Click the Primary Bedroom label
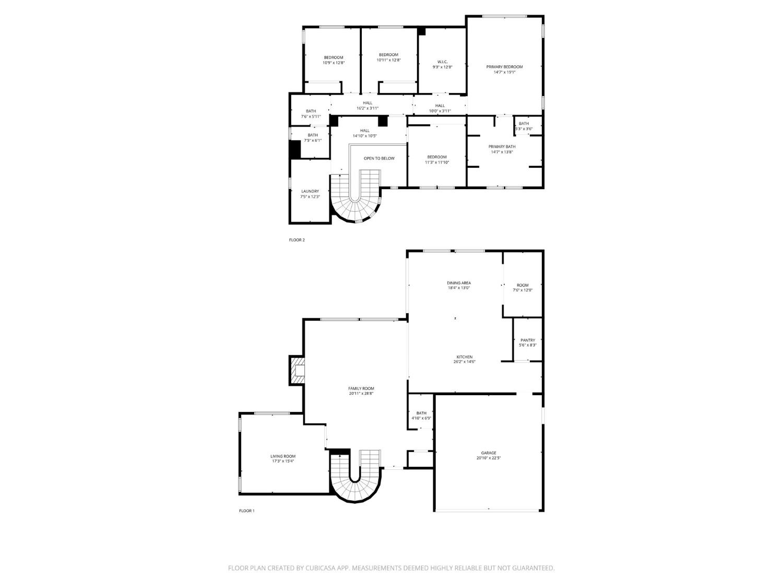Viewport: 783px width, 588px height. (x=504, y=67)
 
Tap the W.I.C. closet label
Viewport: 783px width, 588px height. (x=442, y=62)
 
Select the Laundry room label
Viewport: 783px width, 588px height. (x=310, y=191)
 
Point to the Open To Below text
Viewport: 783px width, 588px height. (x=379, y=158)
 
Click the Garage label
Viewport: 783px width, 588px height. (x=489, y=453)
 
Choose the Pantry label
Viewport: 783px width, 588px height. (x=527, y=340)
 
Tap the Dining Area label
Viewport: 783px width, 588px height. (x=458, y=283)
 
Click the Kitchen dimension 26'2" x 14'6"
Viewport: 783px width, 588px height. (x=465, y=362)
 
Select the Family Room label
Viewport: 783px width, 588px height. (x=361, y=388)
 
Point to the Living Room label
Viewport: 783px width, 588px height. (x=283, y=456)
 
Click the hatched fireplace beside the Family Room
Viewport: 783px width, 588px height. (x=298, y=371)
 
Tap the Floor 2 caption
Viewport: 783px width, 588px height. (x=296, y=240)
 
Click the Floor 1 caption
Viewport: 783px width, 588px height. (x=246, y=511)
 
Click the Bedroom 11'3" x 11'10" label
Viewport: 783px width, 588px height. (x=436, y=157)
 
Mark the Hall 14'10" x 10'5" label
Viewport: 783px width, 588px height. (x=364, y=131)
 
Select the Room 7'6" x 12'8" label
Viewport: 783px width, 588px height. (x=523, y=285)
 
